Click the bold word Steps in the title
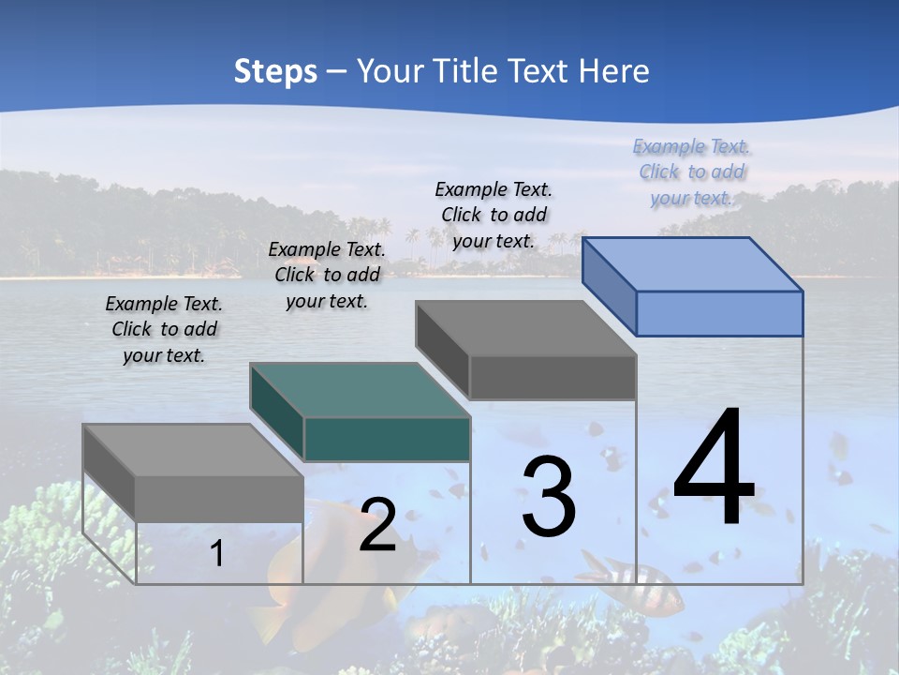click(275, 71)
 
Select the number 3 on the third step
click(549, 497)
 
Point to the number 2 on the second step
click(378, 525)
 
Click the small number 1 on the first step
click(216, 553)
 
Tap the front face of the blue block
click(719, 313)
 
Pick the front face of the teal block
click(387, 440)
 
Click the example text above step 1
click(164, 329)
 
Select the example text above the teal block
click(327, 275)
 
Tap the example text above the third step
click(494, 215)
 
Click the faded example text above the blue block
click(692, 172)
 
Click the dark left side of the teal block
click(277, 411)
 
